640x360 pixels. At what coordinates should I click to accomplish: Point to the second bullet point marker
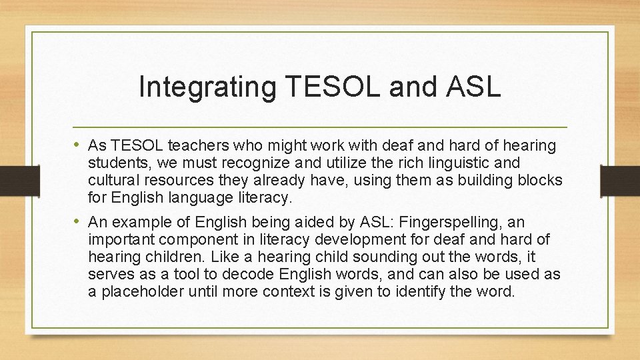[79, 221]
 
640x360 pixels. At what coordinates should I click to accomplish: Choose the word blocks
[541, 180]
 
